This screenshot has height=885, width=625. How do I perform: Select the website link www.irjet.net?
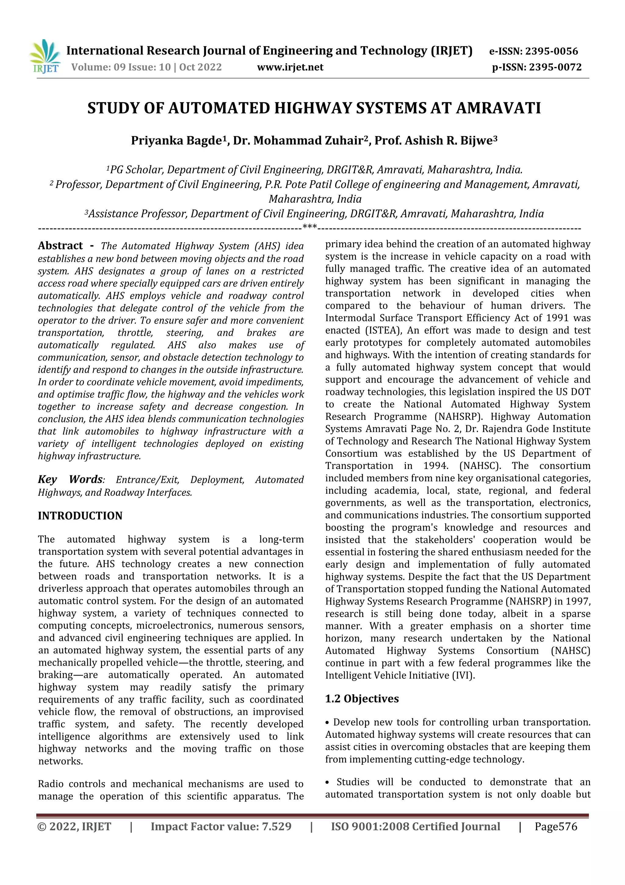290,68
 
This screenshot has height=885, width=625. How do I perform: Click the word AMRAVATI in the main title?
498,108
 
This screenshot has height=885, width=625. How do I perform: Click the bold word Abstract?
60,246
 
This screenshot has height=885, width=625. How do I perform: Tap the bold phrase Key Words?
70,480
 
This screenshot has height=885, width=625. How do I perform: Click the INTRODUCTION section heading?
80,516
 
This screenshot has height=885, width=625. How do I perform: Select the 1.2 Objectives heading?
362,699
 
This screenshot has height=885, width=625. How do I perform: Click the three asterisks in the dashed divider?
310,227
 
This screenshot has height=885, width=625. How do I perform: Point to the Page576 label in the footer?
556,826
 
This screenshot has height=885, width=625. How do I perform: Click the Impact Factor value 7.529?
276,826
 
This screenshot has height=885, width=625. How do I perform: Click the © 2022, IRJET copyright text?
74,826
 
